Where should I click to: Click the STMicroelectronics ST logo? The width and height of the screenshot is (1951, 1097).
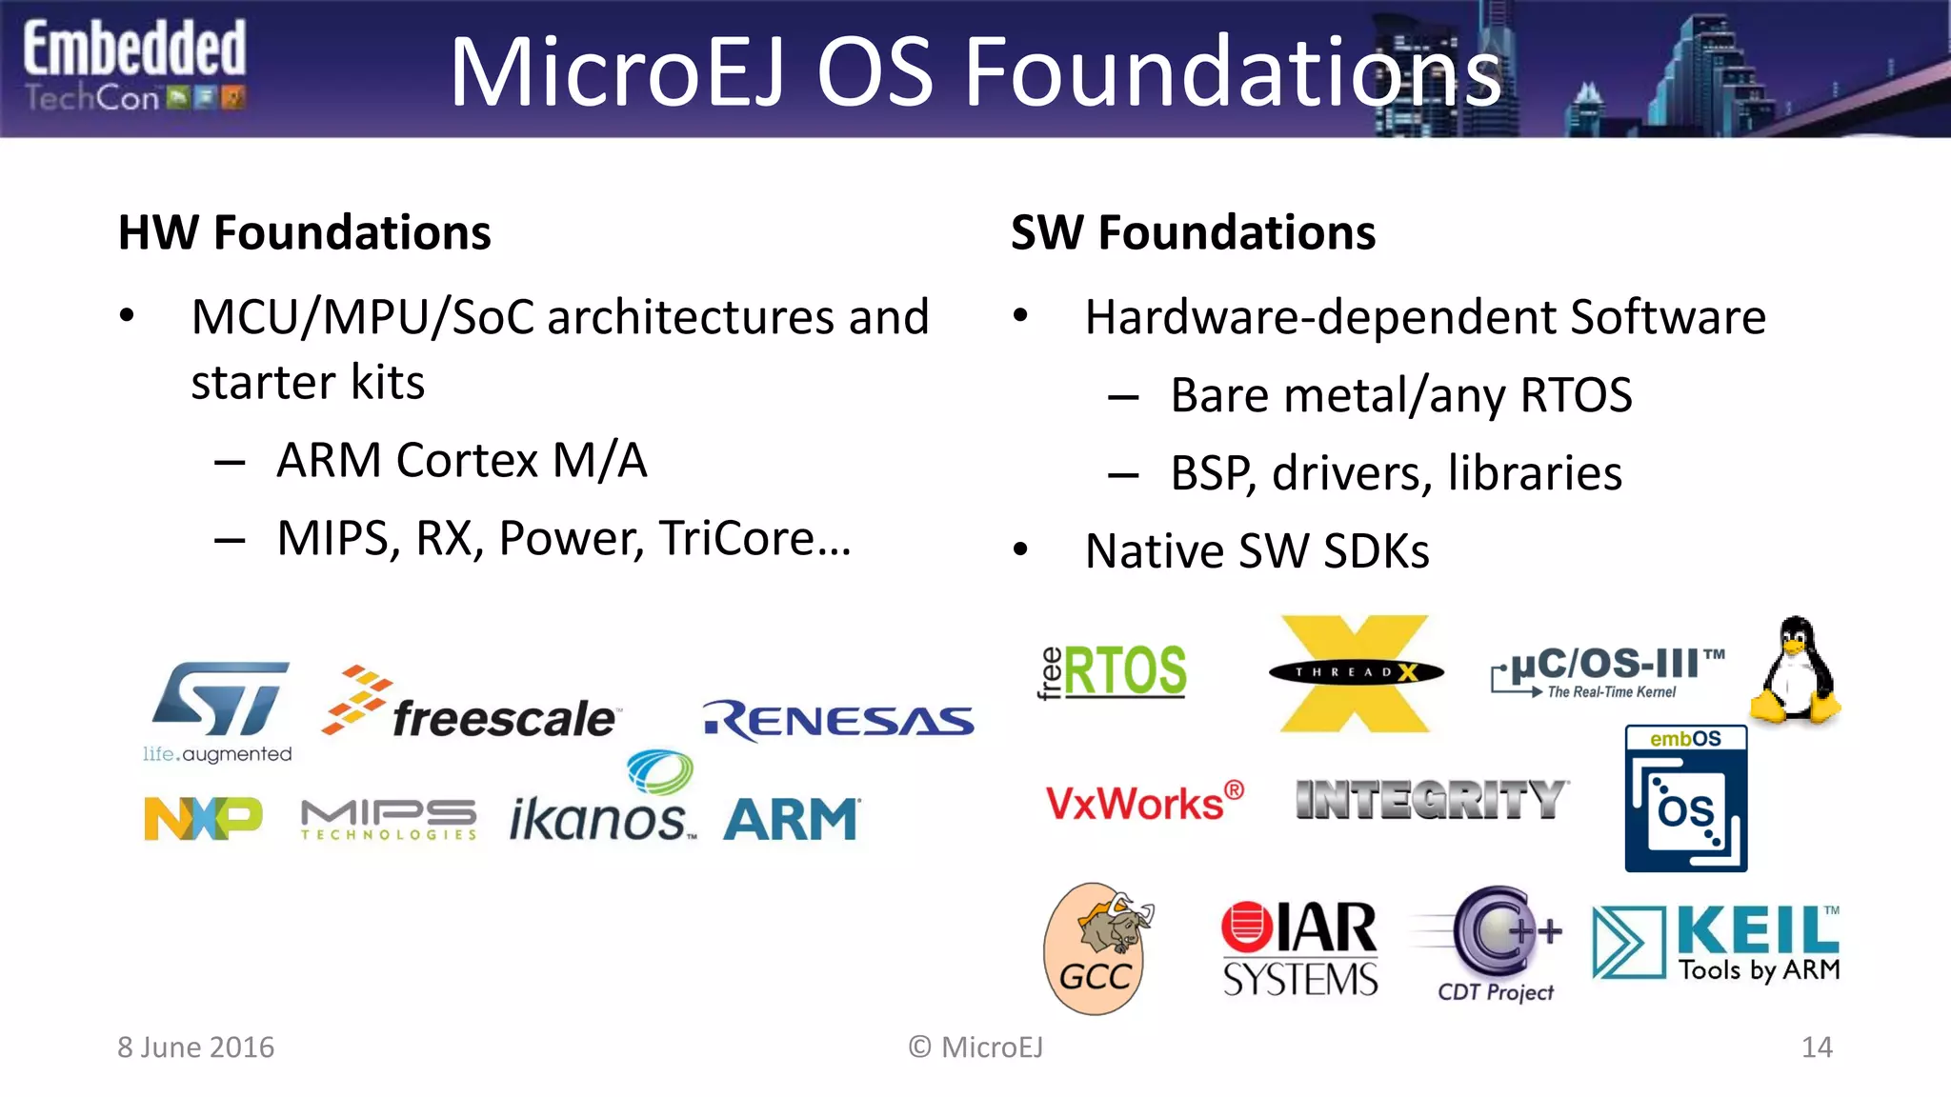[x=219, y=705]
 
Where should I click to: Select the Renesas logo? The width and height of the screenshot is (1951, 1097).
[x=838, y=721]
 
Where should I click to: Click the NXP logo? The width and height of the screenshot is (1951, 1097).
[x=202, y=818]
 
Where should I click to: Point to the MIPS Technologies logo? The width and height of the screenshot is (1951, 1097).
[x=389, y=820]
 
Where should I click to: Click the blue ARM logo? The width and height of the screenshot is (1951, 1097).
[x=791, y=819]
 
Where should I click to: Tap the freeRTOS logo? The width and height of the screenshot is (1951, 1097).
[x=1113, y=670]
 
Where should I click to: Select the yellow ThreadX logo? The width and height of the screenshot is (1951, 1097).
[x=1356, y=673]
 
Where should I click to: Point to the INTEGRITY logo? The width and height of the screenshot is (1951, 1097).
[x=1432, y=799]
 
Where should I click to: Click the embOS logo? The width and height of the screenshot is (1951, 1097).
[x=1685, y=798]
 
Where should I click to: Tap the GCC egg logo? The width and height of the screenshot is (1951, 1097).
[x=1098, y=948]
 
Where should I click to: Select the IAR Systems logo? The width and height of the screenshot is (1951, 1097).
[x=1299, y=948]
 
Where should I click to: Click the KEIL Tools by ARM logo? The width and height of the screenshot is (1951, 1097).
[x=1716, y=943]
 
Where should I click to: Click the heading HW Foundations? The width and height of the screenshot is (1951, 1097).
[x=304, y=232]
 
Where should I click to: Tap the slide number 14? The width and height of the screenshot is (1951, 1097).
[x=1817, y=1047]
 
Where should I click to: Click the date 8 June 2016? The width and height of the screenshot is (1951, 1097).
[x=195, y=1047]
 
